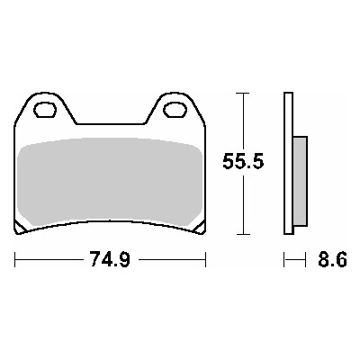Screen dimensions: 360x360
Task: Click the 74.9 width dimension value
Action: (111, 259)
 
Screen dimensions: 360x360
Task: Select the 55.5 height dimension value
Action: (243, 162)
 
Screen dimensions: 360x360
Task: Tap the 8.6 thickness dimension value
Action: (332, 259)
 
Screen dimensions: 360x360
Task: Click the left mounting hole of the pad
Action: (45, 110)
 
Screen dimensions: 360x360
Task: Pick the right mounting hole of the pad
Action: (175, 110)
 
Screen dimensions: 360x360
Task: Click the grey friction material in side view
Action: (301, 181)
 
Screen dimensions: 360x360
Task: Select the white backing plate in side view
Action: (288, 164)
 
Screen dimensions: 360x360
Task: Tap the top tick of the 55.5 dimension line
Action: (243, 94)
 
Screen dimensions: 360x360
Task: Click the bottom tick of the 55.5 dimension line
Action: (243, 234)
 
